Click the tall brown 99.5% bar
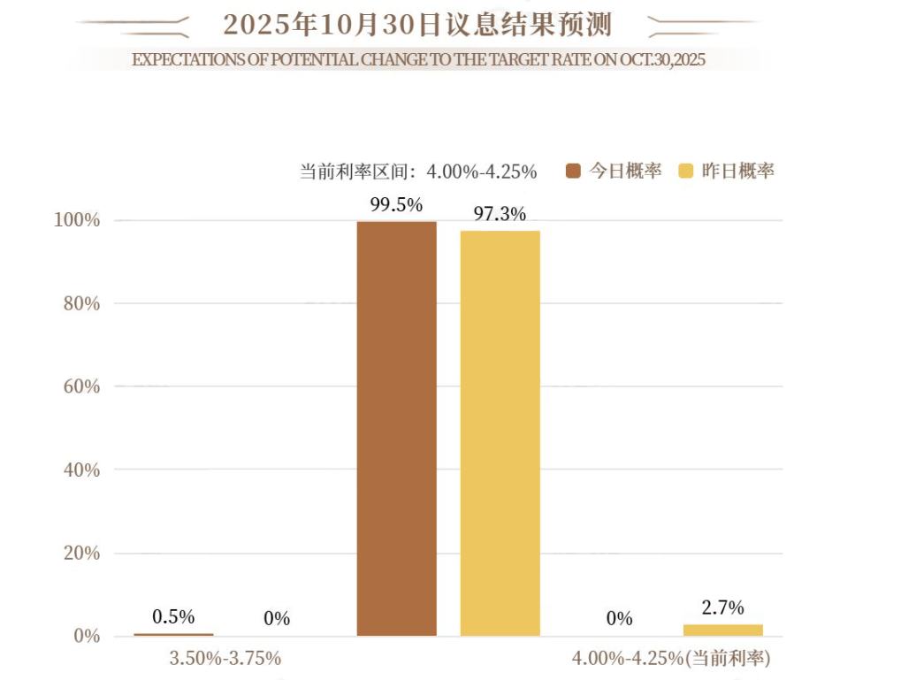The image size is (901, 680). (396, 429)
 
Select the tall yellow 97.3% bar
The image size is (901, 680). (500, 433)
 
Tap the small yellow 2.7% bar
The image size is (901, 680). (722, 630)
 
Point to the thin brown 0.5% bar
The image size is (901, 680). (173, 634)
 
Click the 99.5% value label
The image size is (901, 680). (396, 205)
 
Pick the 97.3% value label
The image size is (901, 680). (500, 214)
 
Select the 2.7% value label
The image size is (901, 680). (722, 607)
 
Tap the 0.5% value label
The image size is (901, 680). (173, 616)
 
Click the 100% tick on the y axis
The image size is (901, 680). (77, 220)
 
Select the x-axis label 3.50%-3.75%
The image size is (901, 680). (225, 658)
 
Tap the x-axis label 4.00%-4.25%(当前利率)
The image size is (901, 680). (672, 658)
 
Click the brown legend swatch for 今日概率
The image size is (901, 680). (573, 172)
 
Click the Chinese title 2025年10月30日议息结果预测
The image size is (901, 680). (417, 25)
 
